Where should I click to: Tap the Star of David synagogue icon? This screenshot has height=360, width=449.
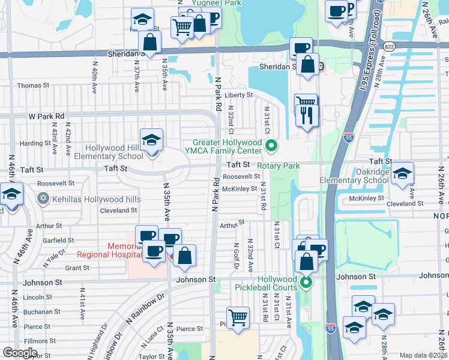(43, 199)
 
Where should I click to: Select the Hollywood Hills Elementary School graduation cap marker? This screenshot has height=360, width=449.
(151, 142)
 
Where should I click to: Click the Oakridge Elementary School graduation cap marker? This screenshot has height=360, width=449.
(402, 174)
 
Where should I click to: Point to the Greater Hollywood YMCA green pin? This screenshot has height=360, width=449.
(272, 145)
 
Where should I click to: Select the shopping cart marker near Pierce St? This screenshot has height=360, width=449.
(238, 318)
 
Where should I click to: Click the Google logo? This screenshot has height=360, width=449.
(20, 353)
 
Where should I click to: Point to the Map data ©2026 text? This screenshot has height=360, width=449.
(424, 355)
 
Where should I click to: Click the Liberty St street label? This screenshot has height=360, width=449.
(238, 95)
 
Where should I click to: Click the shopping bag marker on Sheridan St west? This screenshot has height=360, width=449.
(149, 43)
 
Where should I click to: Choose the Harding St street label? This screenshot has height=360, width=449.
(34, 143)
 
